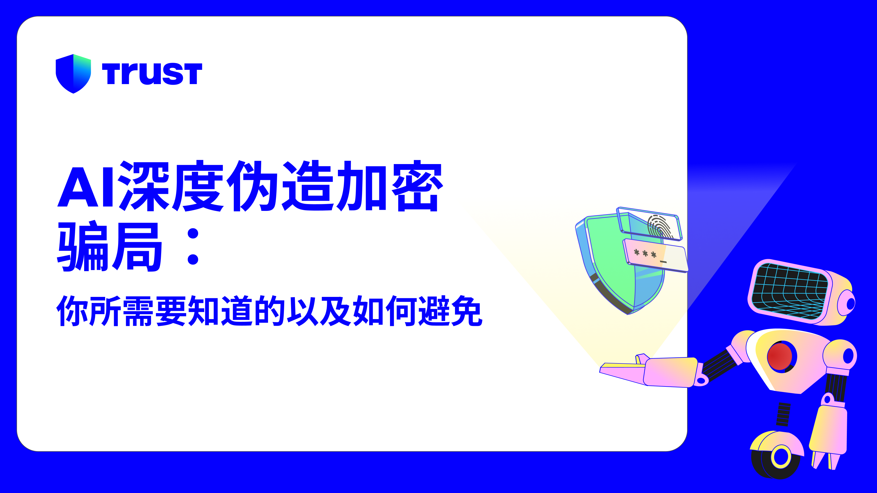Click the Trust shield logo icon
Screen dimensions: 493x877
(x=73, y=73)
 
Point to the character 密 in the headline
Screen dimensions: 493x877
(x=417, y=186)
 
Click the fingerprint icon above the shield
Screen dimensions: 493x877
(x=659, y=226)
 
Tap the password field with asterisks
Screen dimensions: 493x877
(x=655, y=256)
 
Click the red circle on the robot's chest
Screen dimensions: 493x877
(x=780, y=357)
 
